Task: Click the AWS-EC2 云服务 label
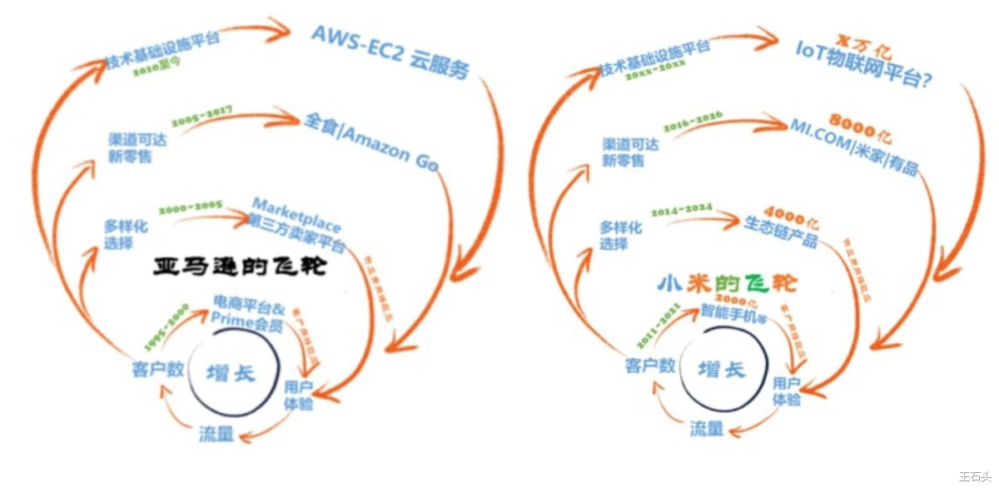coord(390,52)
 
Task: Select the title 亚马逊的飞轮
coord(241,267)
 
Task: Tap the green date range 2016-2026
coord(693,121)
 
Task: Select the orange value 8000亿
coord(862,119)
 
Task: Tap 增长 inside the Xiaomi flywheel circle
coord(721,370)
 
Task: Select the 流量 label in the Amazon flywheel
coord(216,434)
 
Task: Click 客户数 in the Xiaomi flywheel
coord(649,365)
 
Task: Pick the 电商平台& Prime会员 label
coord(249,311)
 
